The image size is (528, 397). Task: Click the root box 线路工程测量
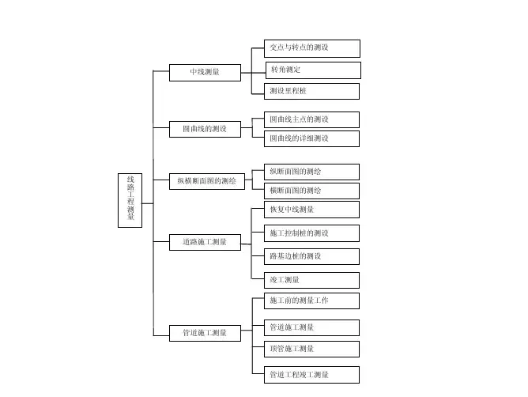click(x=130, y=199)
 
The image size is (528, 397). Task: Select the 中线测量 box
click(x=205, y=73)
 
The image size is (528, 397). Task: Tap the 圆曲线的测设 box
click(x=205, y=128)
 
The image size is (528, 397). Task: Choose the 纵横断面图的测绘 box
click(x=207, y=181)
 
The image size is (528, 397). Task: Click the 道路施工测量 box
click(x=205, y=242)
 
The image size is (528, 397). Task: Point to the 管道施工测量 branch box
click(x=205, y=333)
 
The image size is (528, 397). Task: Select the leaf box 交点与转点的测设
click(x=311, y=48)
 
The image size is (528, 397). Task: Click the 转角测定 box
click(x=312, y=70)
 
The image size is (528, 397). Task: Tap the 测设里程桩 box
click(x=311, y=91)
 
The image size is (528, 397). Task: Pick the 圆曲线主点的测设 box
click(x=311, y=119)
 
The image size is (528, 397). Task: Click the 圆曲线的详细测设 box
click(x=311, y=138)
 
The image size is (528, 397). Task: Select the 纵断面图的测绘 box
click(x=311, y=172)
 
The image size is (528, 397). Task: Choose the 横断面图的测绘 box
click(x=311, y=191)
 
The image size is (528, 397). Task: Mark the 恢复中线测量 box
click(x=311, y=210)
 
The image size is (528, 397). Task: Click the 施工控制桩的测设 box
click(x=311, y=233)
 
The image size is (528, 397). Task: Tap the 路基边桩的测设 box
click(x=311, y=256)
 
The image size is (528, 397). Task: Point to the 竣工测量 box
click(x=311, y=280)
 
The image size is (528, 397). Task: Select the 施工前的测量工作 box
click(x=311, y=301)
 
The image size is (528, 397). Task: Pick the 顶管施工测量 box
click(x=311, y=349)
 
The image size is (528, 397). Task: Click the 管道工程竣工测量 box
click(x=311, y=374)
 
